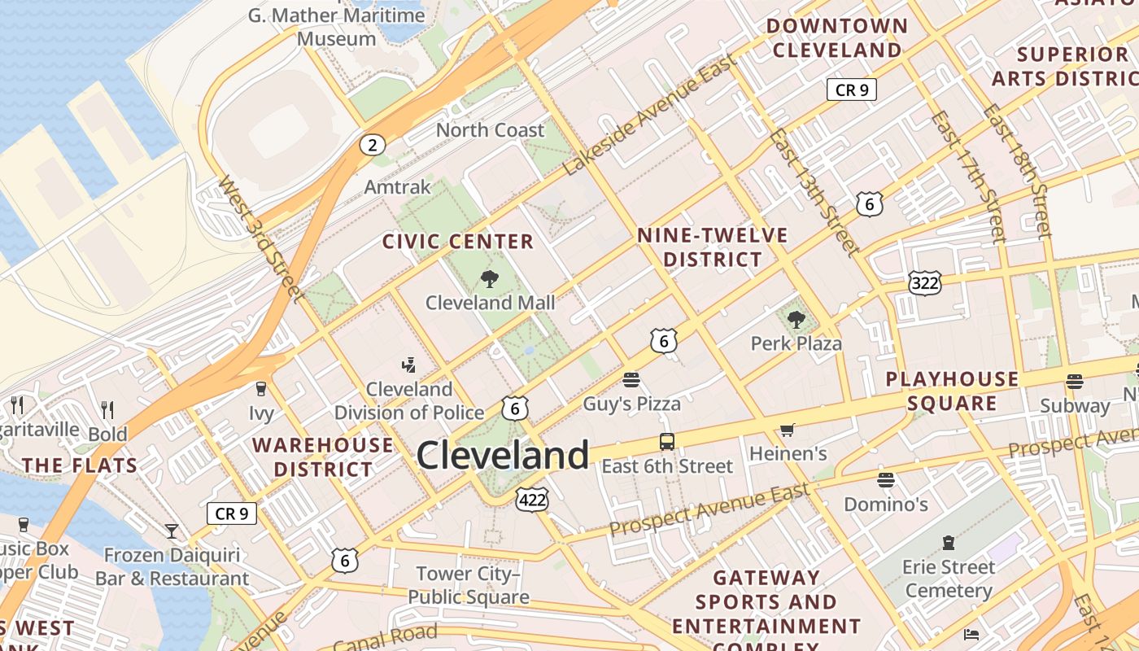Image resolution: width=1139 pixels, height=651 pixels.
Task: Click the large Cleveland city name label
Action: click(x=502, y=455)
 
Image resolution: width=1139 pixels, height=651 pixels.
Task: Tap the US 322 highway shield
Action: click(x=925, y=283)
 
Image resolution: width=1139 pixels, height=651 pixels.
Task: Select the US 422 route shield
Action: click(x=532, y=500)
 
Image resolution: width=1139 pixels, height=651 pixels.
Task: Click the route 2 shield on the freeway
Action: click(x=372, y=146)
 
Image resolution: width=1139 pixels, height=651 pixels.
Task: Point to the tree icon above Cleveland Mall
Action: click(x=490, y=280)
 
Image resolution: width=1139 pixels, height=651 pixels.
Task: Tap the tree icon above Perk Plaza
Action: click(x=796, y=320)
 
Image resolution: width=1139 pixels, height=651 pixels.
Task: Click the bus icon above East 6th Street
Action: click(x=667, y=442)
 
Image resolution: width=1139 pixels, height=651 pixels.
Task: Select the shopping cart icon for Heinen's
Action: click(x=787, y=430)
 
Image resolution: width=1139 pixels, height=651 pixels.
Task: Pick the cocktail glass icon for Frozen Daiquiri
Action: click(x=172, y=531)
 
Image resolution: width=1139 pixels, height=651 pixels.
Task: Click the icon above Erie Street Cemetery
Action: click(x=948, y=542)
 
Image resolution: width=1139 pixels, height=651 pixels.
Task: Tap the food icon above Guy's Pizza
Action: click(x=631, y=379)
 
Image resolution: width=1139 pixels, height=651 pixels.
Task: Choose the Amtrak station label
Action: click(x=397, y=187)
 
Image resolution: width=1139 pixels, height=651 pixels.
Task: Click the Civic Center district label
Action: click(x=458, y=242)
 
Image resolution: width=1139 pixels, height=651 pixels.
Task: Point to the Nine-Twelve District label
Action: click(x=713, y=247)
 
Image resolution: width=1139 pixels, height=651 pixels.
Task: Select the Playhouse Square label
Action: click(x=952, y=391)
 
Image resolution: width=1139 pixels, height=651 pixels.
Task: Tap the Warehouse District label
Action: click(x=323, y=457)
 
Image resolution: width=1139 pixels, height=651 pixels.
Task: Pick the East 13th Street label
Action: click(x=814, y=190)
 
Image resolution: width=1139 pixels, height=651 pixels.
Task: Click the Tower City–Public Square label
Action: click(x=468, y=585)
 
